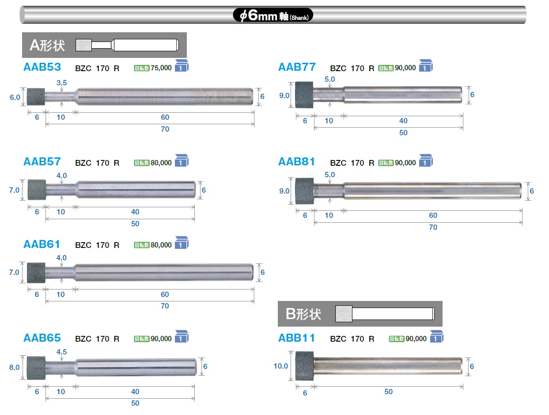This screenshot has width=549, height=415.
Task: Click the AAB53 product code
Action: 42,67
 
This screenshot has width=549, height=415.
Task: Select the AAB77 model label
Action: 297,67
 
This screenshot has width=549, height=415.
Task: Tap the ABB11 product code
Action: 296,338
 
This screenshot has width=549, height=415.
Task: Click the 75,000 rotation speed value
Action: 161,68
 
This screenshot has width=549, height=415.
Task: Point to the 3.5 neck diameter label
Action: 61,83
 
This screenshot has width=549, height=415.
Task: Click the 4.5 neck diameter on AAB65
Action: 61,352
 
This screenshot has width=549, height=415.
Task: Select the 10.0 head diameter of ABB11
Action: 280,366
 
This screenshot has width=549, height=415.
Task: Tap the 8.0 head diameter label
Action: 14,367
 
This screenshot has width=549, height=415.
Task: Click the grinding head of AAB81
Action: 304,191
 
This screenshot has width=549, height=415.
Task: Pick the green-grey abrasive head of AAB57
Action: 37,190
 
